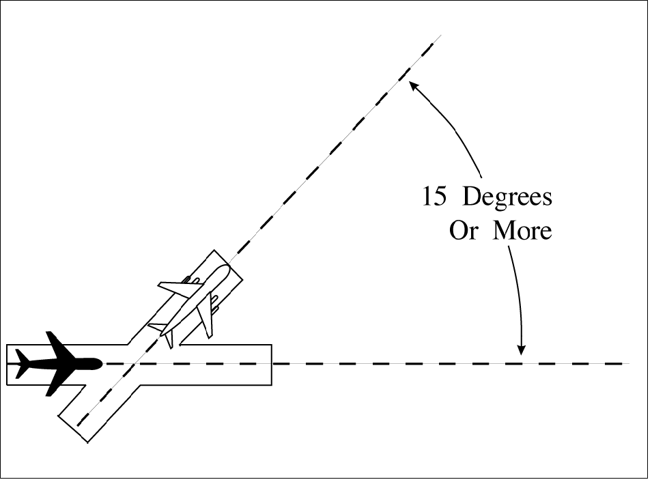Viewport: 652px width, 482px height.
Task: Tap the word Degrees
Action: click(x=507, y=198)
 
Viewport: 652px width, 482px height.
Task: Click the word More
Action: click(x=522, y=231)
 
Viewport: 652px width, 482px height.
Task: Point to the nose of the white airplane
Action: click(x=226, y=268)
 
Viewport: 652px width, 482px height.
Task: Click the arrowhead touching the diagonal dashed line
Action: click(x=412, y=85)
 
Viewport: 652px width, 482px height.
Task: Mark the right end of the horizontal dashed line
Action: click(x=626, y=364)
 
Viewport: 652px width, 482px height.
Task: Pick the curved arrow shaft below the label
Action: click(x=517, y=294)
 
